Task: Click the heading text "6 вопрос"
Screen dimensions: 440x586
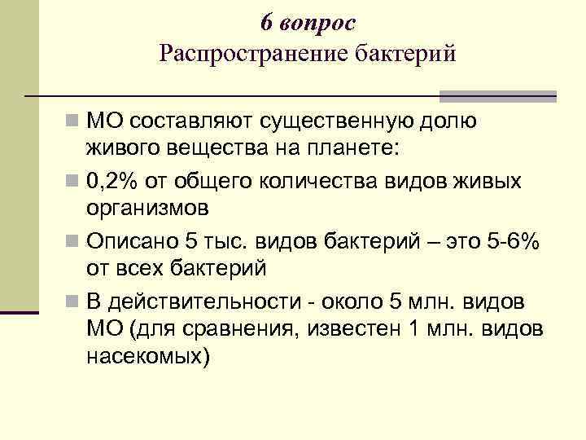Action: (308, 24)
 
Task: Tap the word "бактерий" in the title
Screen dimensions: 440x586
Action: (407, 55)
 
